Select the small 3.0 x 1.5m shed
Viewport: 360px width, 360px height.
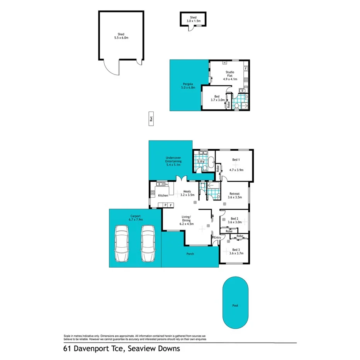pos(193,19)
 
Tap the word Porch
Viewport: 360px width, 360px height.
pos(190,254)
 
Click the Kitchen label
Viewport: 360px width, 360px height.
pos(163,195)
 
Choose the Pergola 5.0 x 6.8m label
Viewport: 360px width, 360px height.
pos(188,86)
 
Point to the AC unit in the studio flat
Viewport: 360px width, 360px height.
pos(224,62)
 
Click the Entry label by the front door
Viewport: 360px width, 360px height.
pos(217,237)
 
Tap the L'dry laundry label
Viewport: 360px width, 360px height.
pos(201,161)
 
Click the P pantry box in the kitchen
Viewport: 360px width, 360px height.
pos(165,204)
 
